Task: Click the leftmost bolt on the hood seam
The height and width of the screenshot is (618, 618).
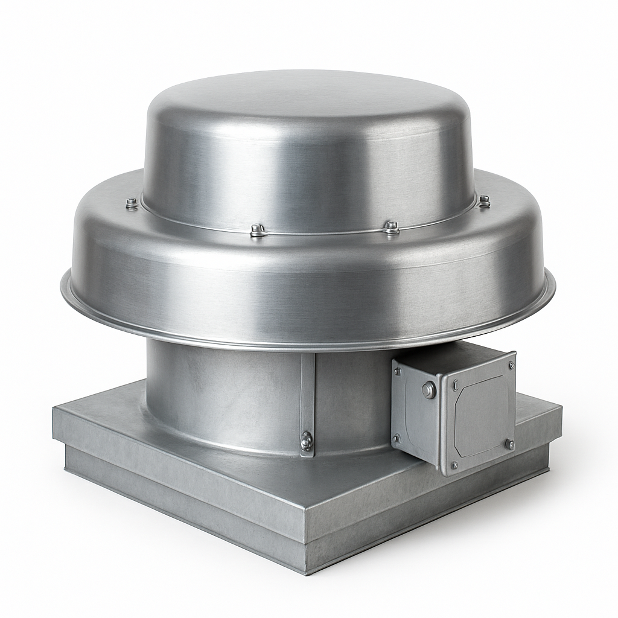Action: click(132, 204)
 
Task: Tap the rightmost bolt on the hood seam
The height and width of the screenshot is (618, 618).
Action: click(484, 201)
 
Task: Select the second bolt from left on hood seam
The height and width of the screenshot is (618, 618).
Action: click(258, 230)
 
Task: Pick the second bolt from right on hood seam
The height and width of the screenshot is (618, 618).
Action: click(392, 228)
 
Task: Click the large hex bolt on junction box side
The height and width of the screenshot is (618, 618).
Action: click(428, 390)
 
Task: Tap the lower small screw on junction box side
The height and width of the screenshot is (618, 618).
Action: click(397, 439)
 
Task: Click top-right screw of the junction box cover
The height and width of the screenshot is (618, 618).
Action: click(511, 365)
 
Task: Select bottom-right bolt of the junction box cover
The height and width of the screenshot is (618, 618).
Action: click(509, 444)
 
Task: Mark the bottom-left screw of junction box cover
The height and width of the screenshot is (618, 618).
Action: click(454, 465)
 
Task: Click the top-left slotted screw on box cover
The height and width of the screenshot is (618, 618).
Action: click(455, 383)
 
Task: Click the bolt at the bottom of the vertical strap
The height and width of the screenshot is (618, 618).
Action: click(307, 441)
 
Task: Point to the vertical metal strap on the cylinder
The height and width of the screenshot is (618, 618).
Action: click(307, 392)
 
